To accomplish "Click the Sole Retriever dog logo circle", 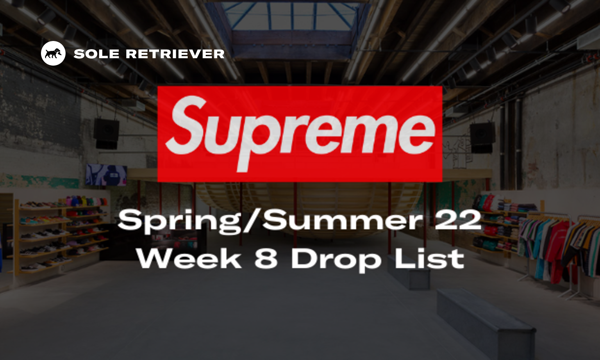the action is [53, 53].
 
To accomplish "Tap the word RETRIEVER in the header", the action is [175, 54].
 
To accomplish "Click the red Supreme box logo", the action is [300, 134].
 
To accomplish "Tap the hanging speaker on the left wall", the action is [106, 133].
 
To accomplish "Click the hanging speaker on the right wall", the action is [482, 137].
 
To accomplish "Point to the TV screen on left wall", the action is [106, 175].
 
